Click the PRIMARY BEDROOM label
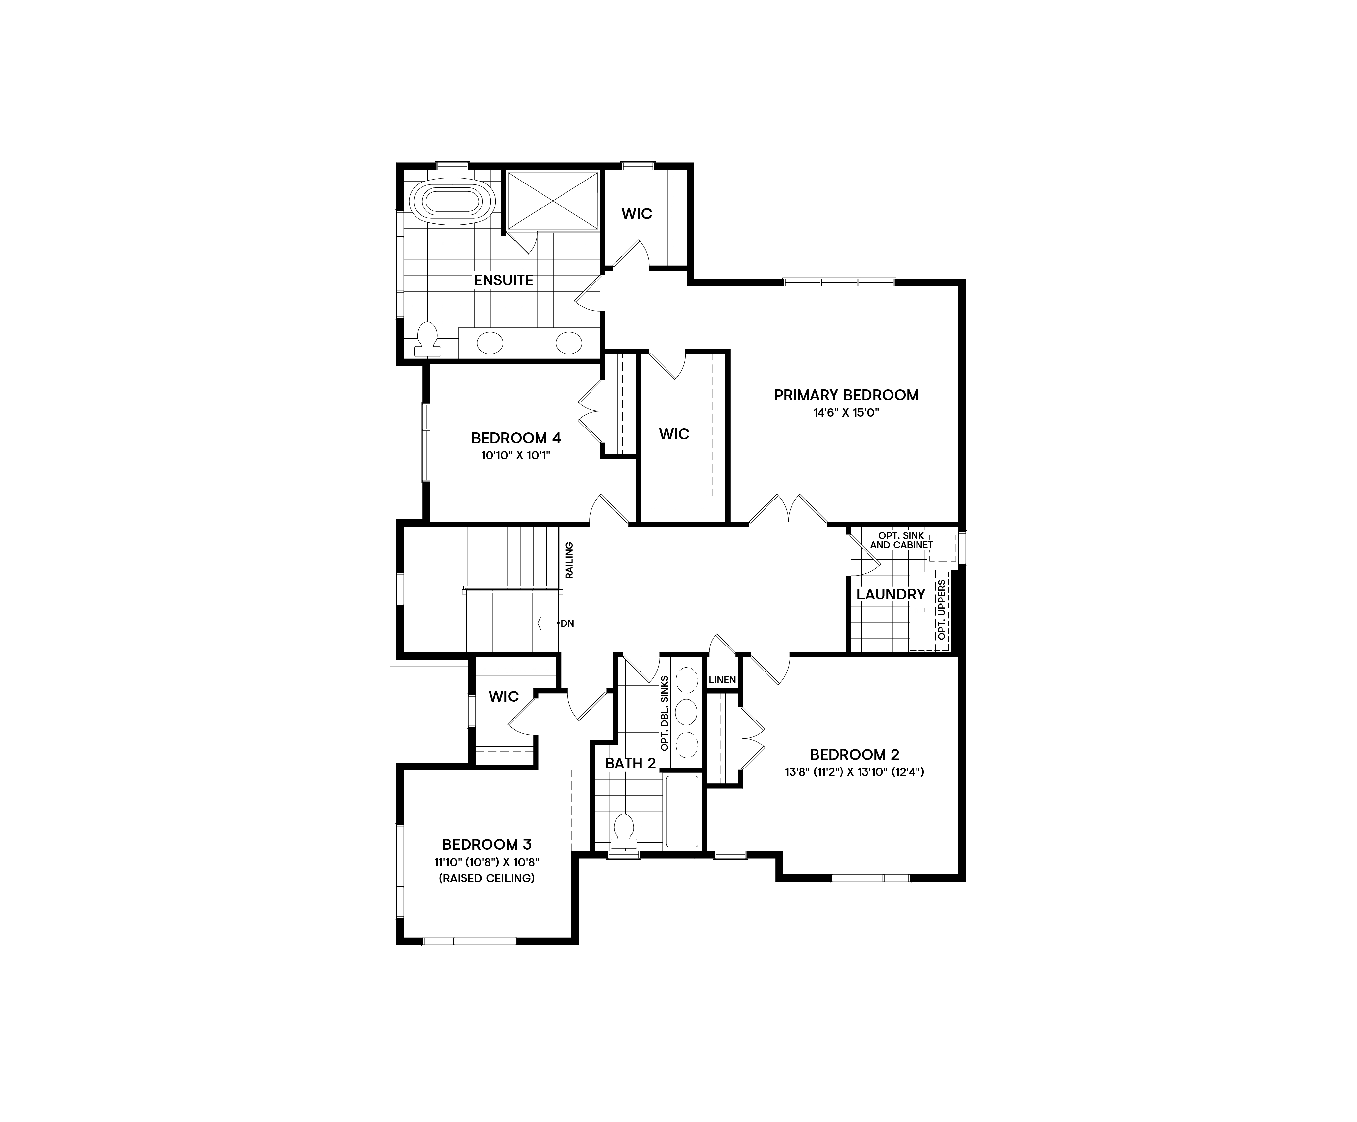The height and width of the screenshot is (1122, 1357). [x=846, y=395]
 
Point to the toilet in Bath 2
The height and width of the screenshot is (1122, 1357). [x=623, y=831]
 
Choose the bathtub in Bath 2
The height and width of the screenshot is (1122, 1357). [x=682, y=811]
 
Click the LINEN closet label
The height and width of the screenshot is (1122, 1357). [x=722, y=679]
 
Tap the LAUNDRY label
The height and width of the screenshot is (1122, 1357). [x=891, y=594]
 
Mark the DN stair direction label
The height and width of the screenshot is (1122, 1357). [x=567, y=623]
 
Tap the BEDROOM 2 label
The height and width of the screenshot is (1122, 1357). [x=854, y=754]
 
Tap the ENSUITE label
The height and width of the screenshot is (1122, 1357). [x=503, y=280]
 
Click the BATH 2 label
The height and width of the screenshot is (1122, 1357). [x=630, y=764]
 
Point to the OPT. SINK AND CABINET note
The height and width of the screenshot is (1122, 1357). [x=901, y=540]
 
